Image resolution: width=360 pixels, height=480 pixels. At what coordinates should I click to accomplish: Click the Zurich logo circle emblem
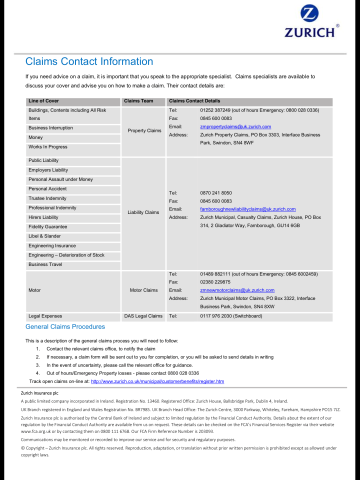click(x=309, y=13)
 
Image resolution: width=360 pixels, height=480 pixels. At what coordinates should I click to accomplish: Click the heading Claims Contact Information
click(x=89, y=61)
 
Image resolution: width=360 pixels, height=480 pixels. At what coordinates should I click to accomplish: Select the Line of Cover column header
click(x=43, y=101)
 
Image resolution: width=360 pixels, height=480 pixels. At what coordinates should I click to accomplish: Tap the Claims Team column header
click(x=138, y=101)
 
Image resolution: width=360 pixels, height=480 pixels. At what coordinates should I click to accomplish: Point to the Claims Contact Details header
click(x=194, y=101)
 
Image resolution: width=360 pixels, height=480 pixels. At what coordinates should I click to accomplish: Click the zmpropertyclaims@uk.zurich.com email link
click(x=235, y=127)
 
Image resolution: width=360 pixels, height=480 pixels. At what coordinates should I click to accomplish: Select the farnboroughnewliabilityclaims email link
click(x=247, y=209)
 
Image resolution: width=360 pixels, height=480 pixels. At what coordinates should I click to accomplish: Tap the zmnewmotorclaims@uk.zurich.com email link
click(x=237, y=290)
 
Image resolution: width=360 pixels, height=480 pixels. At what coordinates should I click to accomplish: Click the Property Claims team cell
click(x=144, y=131)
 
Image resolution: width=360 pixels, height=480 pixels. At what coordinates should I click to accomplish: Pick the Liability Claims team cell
click(x=143, y=212)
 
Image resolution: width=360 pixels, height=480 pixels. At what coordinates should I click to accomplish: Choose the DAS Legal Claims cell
click(x=143, y=316)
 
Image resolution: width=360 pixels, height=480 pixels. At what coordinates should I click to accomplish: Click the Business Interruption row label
click(x=50, y=128)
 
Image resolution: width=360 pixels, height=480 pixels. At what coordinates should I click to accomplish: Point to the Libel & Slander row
click(x=44, y=236)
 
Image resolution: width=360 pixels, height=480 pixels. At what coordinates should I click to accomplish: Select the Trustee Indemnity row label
click(x=47, y=198)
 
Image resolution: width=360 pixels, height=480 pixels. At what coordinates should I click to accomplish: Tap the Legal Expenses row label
click(x=45, y=316)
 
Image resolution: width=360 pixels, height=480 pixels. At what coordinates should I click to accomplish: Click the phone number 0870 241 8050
click(x=215, y=193)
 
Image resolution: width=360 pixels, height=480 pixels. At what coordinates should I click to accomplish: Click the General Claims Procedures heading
click(x=65, y=327)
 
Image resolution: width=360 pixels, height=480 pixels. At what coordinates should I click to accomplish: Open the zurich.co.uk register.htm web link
click(x=157, y=381)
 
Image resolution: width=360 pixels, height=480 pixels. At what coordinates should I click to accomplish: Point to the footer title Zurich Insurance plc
click(x=39, y=393)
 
